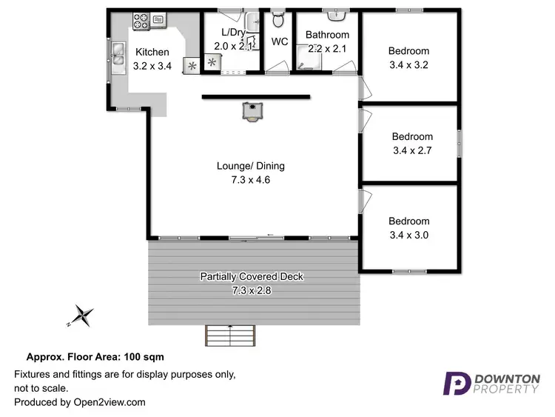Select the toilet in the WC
tap(278, 19)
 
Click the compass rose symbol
tap(81, 316)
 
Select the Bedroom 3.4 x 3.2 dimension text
tap(408, 64)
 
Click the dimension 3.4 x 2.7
tap(412, 150)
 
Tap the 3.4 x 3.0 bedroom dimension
tap(408, 235)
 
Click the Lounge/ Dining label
tap(250, 166)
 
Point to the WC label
tap(279, 42)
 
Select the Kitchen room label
tap(152, 53)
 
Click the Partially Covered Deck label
tap(252, 276)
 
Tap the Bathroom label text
tap(327, 35)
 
